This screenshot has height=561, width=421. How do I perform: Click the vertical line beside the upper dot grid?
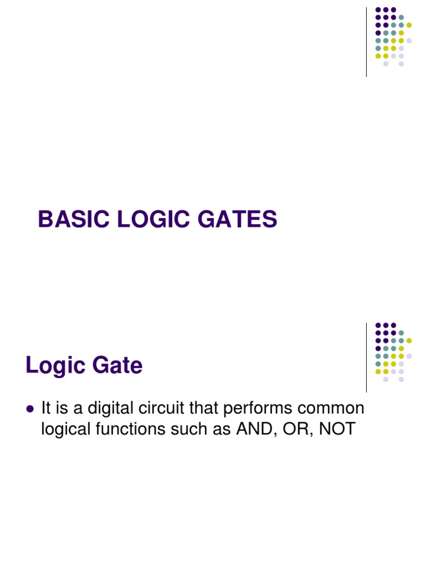pyautogui.click(x=366, y=42)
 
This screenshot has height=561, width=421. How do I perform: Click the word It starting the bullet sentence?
pyautogui.click(x=46, y=409)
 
